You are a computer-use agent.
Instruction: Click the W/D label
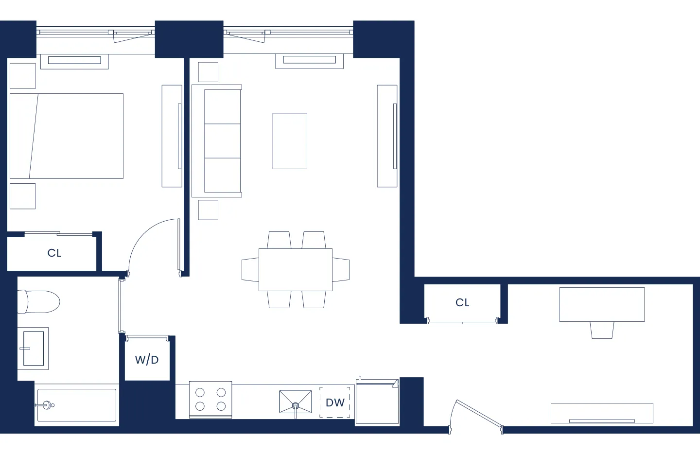click(147, 360)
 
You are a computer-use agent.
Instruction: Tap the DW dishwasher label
click(335, 402)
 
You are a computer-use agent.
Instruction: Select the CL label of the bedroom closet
click(54, 253)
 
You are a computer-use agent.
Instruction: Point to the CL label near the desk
click(462, 302)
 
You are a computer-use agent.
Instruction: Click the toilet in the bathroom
click(38, 302)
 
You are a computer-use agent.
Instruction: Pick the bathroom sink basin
click(34, 348)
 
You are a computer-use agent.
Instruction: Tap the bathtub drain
click(48, 404)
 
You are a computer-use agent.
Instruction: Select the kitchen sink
click(295, 402)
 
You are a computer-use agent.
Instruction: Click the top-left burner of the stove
click(200, 392)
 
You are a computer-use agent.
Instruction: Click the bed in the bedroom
click(67, 136)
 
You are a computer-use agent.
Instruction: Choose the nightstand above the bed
click(22, 76)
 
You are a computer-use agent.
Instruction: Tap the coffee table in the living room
click(290, 141)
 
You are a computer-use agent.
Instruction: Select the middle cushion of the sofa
click(222, 141)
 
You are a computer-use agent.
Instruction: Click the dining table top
click(295, 270)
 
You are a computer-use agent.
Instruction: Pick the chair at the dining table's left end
click(250, 270)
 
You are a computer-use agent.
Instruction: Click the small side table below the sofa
click(208, 210)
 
